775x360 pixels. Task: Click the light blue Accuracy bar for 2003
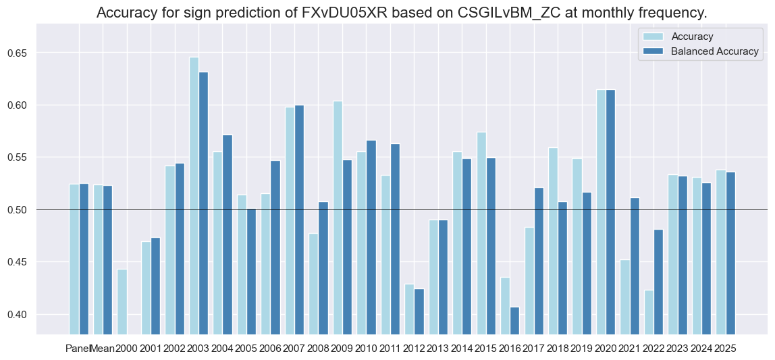coord(194,196)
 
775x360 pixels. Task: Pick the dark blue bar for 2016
coord(514,320)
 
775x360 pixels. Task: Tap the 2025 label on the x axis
coord(726,349)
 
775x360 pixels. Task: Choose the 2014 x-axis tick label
coord(462,349)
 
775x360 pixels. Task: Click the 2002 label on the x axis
coord(175,349)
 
